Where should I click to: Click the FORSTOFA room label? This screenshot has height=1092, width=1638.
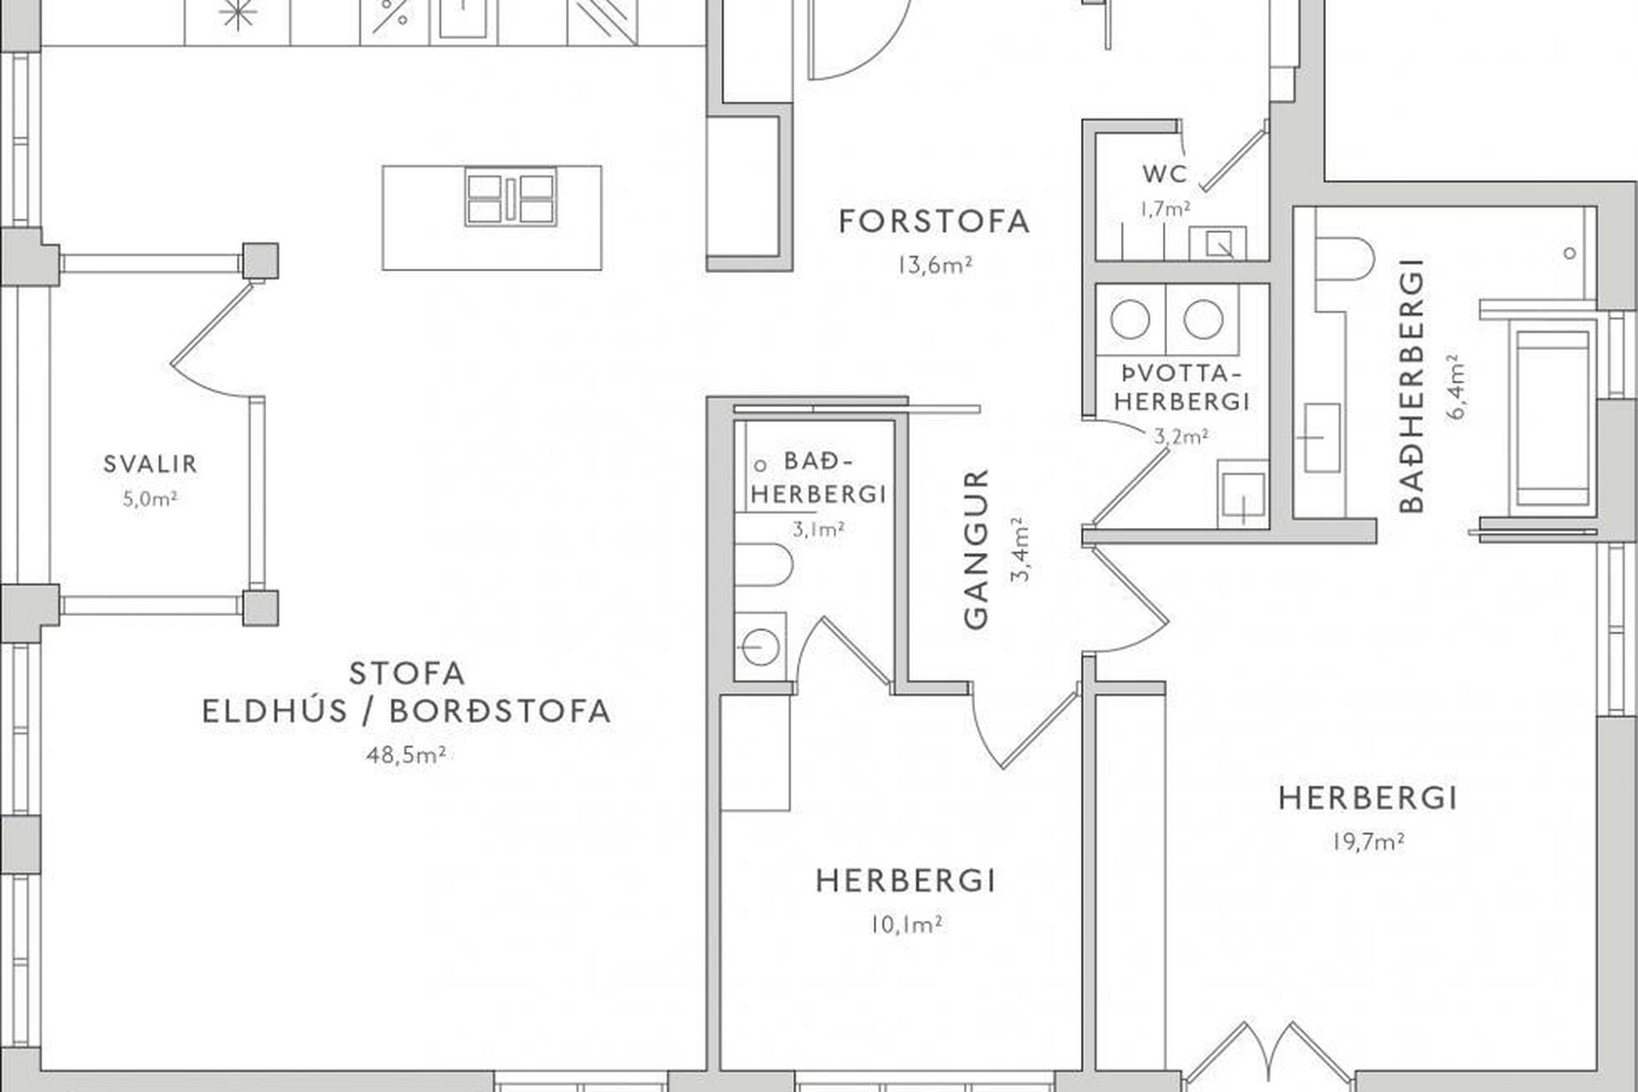pos(934,222)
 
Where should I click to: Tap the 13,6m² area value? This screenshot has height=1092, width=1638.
pos(934,265)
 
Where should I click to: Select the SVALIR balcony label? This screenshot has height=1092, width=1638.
pos(150,464)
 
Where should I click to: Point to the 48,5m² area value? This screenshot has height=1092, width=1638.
pos(406,755)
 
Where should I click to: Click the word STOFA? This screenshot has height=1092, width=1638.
pos(408,673)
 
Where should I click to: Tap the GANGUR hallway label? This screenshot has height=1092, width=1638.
pos(976,549)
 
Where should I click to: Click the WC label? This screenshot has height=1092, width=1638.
pos(1165,174)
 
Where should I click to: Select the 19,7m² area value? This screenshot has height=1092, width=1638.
pos(1368,842)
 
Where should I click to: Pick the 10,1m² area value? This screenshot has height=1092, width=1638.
pos(906,925)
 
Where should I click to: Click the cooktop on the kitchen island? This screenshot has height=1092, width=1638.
pos(510,198)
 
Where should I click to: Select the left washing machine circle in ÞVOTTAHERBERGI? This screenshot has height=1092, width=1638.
pos(1131,319)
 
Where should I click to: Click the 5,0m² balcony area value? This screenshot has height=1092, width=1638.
pos(150,499)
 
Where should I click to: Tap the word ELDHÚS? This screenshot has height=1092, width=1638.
pos(274,712)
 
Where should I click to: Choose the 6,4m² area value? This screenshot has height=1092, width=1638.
pos(1456,386)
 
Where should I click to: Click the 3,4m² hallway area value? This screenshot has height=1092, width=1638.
pos(1020,549)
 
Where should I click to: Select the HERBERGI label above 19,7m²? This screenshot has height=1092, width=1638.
pos(1368,799)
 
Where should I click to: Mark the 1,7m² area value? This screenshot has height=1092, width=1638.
pos(1165,207)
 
